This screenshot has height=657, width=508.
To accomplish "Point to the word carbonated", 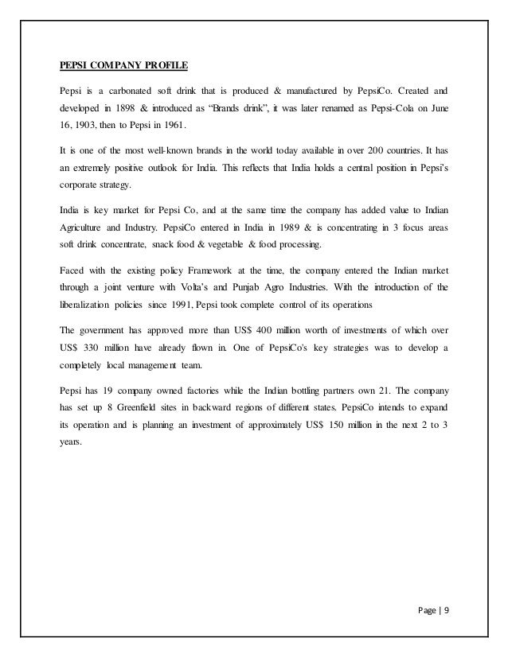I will pyautogui.click(x=131, y=90).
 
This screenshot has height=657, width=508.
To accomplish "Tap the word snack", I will pyautogui.click(x=169, y=247).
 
